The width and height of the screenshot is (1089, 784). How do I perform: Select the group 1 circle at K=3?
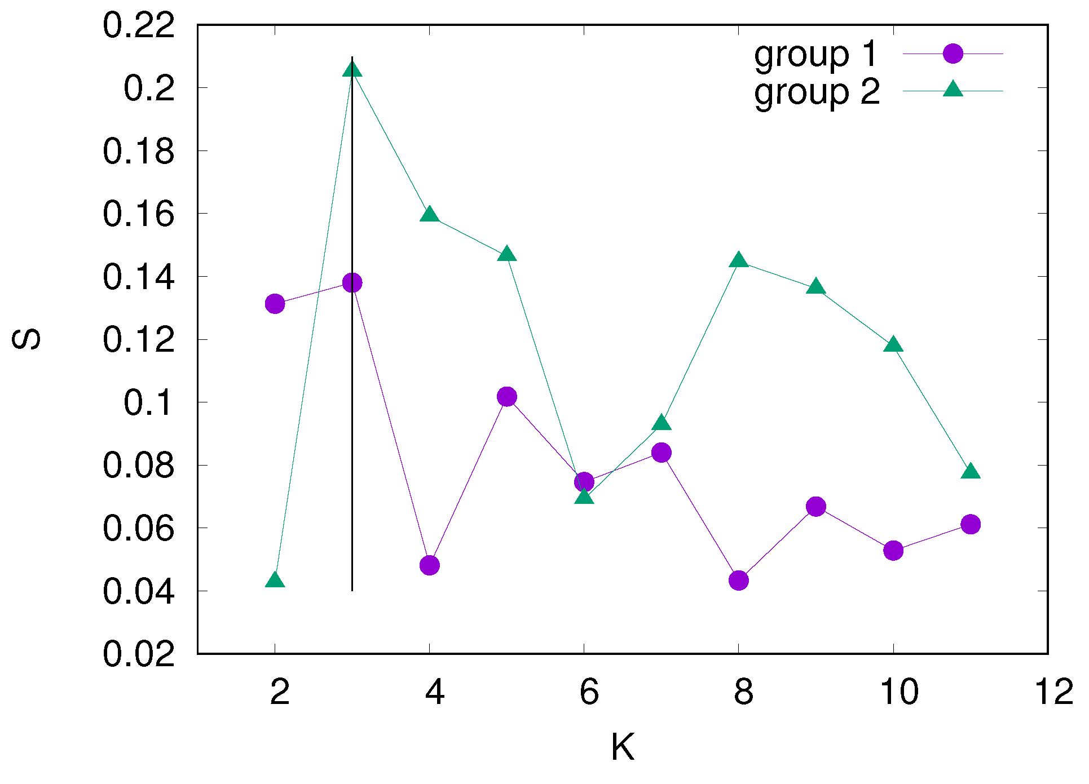(x=352, y=282)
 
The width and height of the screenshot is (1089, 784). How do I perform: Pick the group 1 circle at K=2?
(x=275, y=304)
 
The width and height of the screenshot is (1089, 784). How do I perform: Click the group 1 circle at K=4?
(x=430, y=565)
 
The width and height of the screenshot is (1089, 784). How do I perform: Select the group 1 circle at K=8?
(x=739, y=580)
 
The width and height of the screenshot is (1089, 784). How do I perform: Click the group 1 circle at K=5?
(x=507, y=397)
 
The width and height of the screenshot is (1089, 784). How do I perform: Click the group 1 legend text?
(x=816, y=55)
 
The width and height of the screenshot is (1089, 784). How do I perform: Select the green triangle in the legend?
(x=953, y=90)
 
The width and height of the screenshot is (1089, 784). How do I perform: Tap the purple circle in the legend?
(x=953, y=54)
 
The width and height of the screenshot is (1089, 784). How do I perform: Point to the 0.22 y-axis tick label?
(x=139, y=26)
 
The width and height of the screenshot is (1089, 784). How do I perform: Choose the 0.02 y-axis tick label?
(x=139, y=654)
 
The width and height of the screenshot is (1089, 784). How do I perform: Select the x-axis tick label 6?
(x=589, y=692)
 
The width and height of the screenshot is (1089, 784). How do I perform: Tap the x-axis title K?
(x=623, y=747)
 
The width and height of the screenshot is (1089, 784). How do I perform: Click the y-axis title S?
(x=27, y=339)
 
